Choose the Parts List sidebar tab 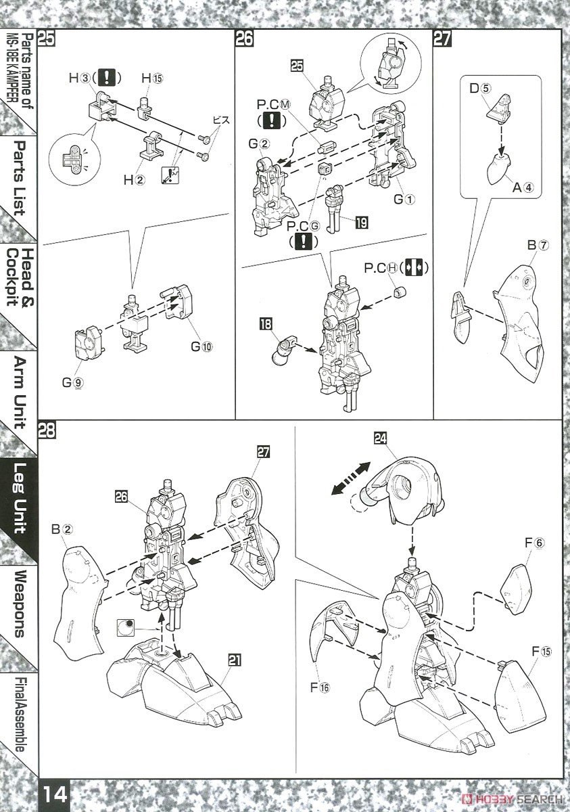19,177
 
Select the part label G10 201,346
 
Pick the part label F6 534,542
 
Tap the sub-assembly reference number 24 381,439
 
